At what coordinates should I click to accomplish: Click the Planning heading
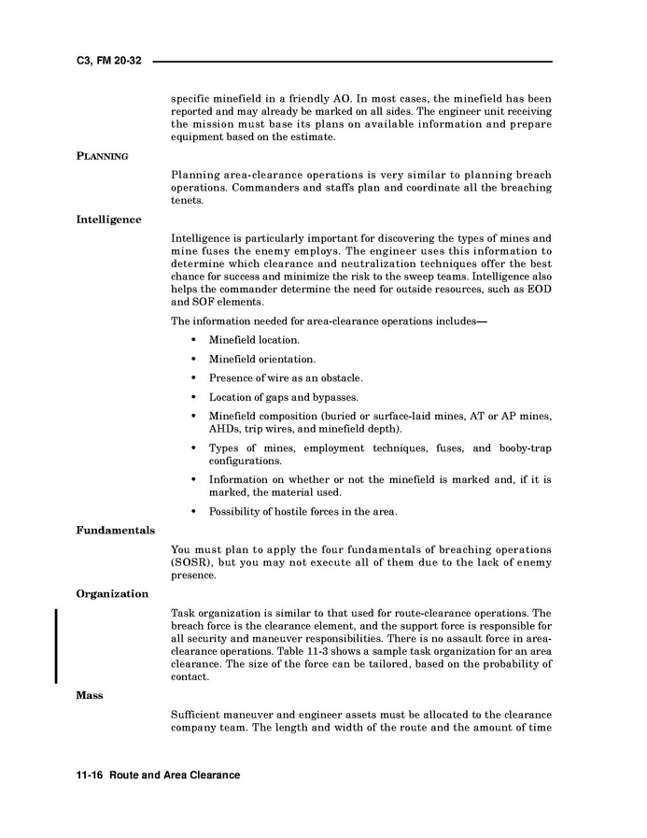(102, 156)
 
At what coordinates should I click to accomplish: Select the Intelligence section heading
(108, 220)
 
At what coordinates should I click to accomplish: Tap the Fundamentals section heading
(115, 530)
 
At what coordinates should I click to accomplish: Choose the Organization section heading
(112, 593)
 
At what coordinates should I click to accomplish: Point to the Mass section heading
(90, 695)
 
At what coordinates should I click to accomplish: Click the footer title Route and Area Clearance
(175, 775)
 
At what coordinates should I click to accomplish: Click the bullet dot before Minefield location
(192, 340)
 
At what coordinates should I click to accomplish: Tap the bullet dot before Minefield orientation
(192, 359)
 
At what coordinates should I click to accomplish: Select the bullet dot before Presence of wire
(192, 378)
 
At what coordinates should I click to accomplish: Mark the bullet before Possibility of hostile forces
(192, 511)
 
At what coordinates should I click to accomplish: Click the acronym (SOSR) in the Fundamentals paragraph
(192, 562)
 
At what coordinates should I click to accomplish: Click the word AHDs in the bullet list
(225, 429)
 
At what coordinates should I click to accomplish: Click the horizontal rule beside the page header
(352, 62)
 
